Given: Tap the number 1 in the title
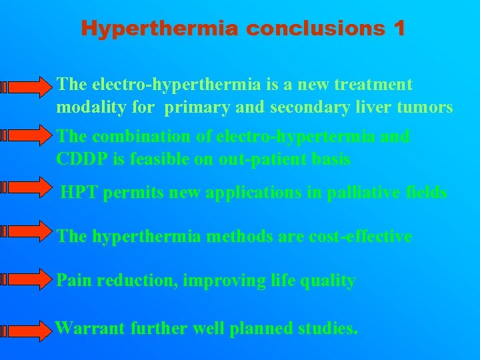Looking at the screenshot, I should (399, 29).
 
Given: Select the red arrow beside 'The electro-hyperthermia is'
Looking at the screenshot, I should (27, 86).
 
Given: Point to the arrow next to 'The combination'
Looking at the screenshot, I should (27, 136).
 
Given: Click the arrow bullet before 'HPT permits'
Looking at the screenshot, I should (27, 187).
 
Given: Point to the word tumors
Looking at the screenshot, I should (428, 107).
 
